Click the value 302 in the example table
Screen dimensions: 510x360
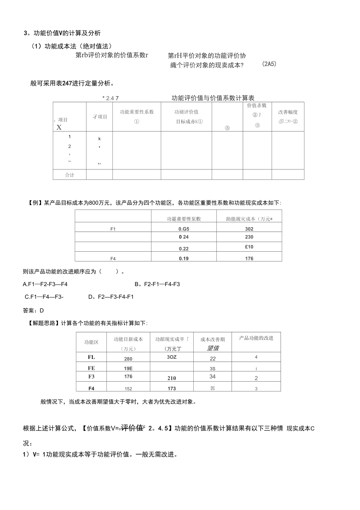pyautogui.click(x=249, y=229)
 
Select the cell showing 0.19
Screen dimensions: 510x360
pyautogui.click(x=184, y=258)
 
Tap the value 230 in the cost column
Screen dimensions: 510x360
pyautogui.click(x=249, y=237)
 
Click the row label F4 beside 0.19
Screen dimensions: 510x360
pyautogui.click(x=113, y=258)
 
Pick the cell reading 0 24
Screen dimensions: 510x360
pyautogui.click(x=184, y=237)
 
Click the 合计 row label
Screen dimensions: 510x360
pyautogui.click(x=70, y=175)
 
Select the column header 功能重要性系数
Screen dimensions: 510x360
pyautogui.click(x=137, y=112)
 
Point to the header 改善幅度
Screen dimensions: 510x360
pyautogui.click(x=288, y=112)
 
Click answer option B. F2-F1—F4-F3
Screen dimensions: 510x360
pyautogui.click(x=157, y=284)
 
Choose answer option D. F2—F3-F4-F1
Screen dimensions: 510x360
pyautogui.click(x=111, y=297)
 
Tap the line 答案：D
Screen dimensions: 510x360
pyautogui.click(x=34, y=310)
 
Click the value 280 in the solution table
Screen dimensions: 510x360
pyautogui.click(x=128, y=359)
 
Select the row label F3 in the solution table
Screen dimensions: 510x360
pyautogui.click(x=91, y=377)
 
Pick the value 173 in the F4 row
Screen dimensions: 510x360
pyautogui.click(x=171, y=388)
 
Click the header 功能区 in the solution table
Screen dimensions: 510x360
pyautogui.click(x=91, y=342)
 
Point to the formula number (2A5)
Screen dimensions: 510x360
pyautogui.click(x=269, y=64)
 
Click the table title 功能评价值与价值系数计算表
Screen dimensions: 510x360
pyautogui.click(x=213, y=98)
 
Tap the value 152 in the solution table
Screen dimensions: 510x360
pyautogui.click(x=128, y=389)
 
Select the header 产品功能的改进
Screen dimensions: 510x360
pyautogui.click(x=256, y=338)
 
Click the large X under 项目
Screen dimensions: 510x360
pyautogui.click(x=59, y=127)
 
